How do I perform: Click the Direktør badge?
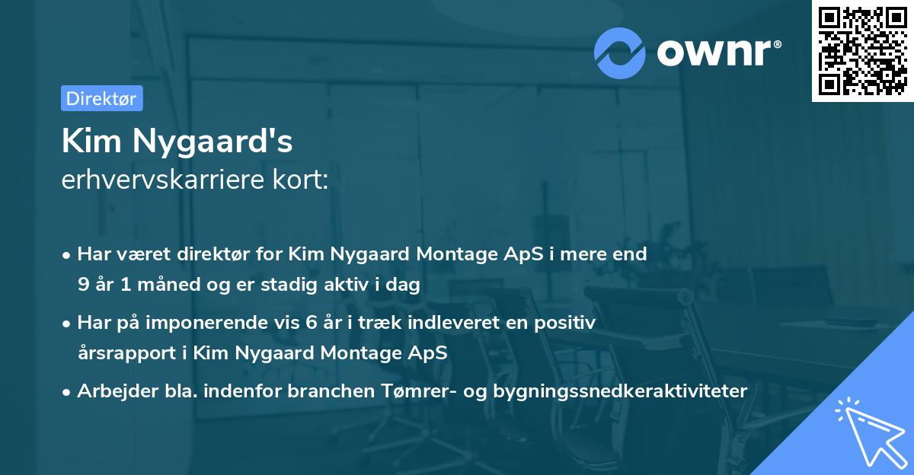coord(101,98)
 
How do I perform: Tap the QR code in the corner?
coord(862,50)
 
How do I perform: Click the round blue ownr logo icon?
coord(620,53)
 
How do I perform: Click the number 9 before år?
coord(82,285)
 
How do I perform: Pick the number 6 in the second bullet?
coord(311,323)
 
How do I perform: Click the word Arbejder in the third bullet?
coord(110,391)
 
